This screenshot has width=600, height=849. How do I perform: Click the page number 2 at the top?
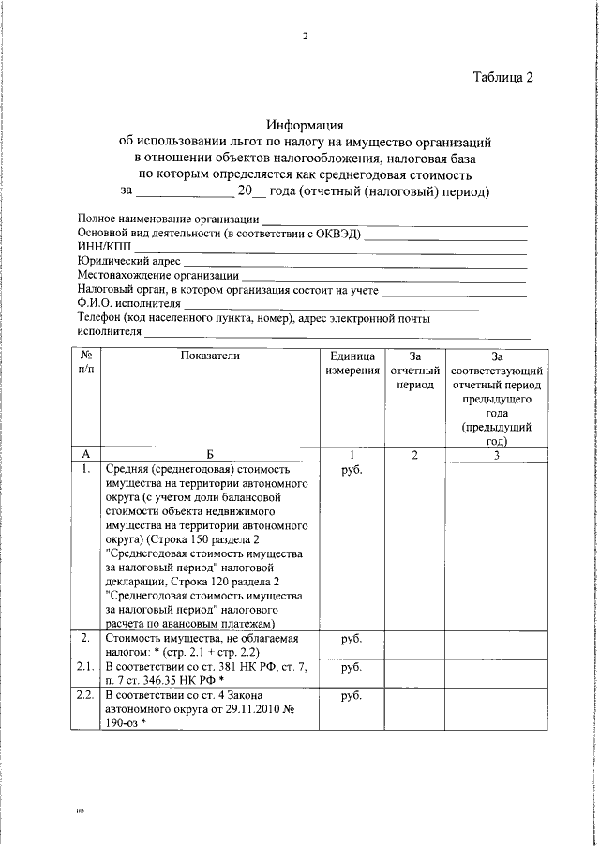(x=305, y=37)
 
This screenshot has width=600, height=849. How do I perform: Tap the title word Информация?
(x=306, y=124)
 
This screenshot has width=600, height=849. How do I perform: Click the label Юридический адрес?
(x=127, y=261)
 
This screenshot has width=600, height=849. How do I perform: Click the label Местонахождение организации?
(x=157, y=276)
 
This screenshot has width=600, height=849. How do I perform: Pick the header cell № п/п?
(x=86, y=364)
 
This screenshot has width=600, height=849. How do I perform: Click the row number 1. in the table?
(x=86, y=467)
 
